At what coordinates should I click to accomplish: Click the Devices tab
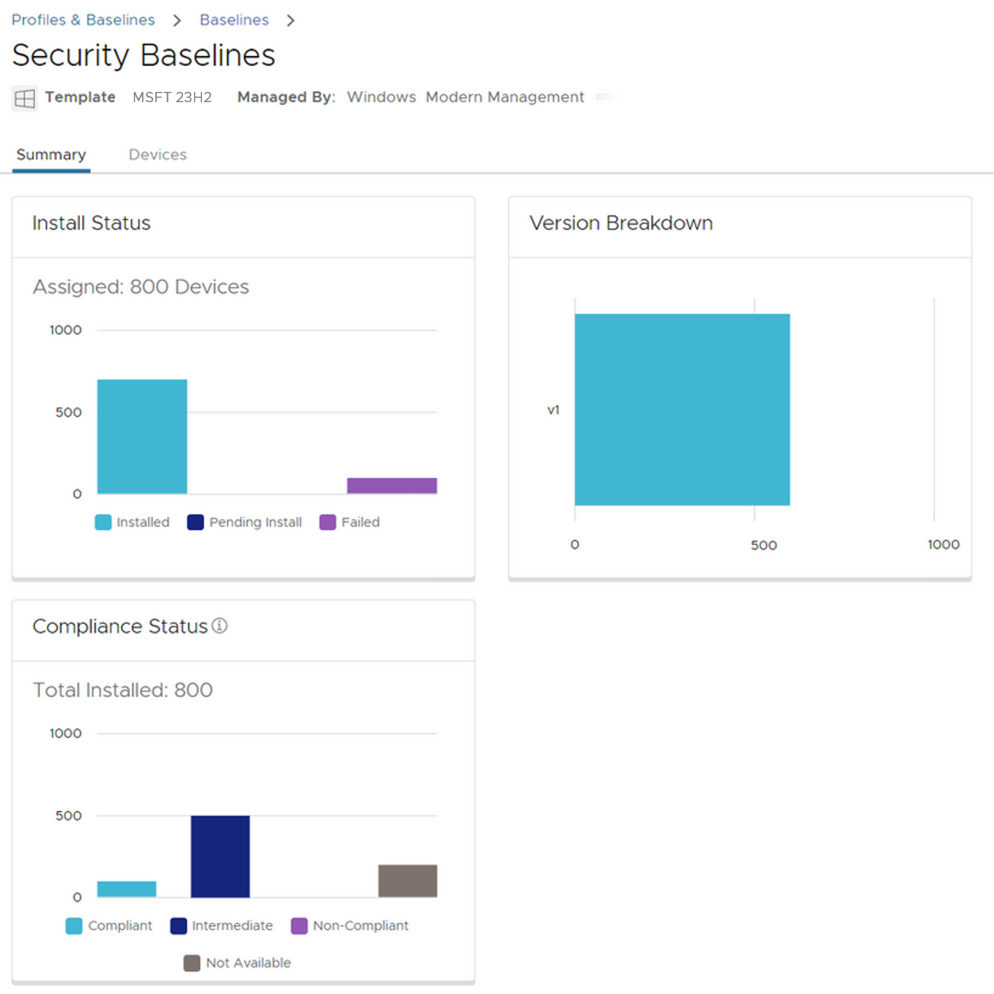pos(158,154)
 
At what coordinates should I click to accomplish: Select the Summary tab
pos(51,154)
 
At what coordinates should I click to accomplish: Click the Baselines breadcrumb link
pos(234,20)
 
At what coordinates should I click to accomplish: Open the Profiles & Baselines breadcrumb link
pos(83,20)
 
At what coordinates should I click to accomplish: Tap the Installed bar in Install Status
pos(142,436)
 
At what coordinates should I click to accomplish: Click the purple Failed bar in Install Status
pos(392,486)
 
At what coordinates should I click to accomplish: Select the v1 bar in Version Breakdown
pos(682,409)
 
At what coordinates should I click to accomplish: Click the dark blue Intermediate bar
pos(220,856)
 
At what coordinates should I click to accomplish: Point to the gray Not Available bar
pos(408,881)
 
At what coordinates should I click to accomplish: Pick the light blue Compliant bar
pos(127,889)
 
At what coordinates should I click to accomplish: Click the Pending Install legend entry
pos(245,522)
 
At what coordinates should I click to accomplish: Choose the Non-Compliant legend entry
pos(350,925)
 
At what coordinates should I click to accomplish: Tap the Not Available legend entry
pos(238,962)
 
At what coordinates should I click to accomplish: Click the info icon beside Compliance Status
pos(219,626)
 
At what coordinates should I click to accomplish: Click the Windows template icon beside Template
pos(25,98)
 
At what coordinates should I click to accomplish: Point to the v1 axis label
pos(554,409)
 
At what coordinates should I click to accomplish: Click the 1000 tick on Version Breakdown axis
pos(943,544)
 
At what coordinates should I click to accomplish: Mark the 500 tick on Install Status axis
pos(68,412)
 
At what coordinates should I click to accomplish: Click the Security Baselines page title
pos(143,55)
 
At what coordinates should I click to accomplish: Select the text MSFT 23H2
pos(172,97)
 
